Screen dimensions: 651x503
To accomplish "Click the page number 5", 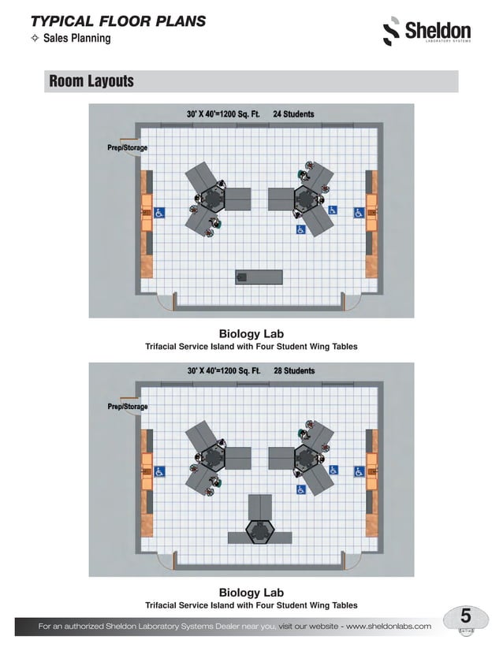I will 465,616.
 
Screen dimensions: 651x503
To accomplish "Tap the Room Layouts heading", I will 91,81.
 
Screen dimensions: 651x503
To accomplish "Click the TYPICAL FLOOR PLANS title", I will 117,21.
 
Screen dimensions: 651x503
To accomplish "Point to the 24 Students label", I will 293,114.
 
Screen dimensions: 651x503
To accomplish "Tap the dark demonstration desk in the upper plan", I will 259,277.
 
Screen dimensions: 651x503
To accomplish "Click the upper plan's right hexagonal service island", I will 305,198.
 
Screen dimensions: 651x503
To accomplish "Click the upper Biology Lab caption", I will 251,333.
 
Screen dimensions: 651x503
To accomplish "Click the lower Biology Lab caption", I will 251,592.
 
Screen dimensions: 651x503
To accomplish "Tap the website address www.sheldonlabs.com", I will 389,626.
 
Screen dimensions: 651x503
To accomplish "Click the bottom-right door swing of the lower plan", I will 352,559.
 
